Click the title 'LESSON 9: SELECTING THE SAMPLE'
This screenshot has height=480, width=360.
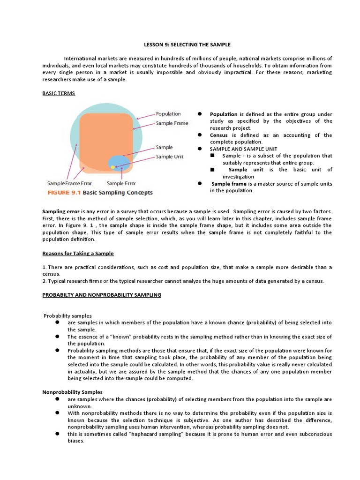[187, 45]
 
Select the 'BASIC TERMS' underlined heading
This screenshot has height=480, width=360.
[59, 93]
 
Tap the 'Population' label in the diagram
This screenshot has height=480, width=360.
[168, 114]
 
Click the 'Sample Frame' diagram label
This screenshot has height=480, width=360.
[172, 123]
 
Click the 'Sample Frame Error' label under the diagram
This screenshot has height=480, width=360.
[73, 183]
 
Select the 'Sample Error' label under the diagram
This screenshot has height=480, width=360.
[122, 183]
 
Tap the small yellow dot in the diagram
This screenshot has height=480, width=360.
[113, 167]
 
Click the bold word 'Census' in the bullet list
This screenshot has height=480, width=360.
[218, 135]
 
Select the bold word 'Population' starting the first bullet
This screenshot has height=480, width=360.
[224, 114]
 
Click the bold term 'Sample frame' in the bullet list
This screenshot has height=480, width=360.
[229, 184]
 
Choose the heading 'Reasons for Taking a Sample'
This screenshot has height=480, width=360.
[78, 253]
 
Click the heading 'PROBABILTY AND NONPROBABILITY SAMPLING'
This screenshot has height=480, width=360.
[102, 295]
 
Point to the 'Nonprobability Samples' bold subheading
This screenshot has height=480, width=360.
[72, 392]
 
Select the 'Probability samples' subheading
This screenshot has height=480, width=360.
[68, 315]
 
